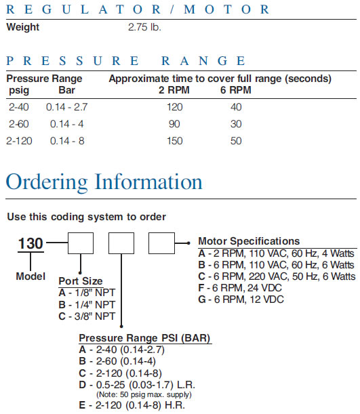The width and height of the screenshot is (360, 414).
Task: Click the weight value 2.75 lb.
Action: coord(144,27)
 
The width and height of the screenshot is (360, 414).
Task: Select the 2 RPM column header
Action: coord(174,90)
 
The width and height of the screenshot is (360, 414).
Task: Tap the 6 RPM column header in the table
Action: coord(236,90)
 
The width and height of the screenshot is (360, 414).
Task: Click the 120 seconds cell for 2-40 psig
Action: coord(175,107)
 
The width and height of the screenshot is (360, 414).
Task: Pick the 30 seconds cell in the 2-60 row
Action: coord(236,124)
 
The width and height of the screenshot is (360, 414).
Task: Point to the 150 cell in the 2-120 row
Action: coord(175,141)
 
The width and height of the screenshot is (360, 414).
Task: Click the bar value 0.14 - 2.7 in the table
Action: coord(66,107)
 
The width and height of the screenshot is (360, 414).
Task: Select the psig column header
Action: coord(19,91)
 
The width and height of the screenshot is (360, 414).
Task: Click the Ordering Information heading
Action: coord(104,182)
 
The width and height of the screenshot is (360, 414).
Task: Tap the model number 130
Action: coord(31,243)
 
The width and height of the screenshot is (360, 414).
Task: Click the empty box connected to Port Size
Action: coord(81,243)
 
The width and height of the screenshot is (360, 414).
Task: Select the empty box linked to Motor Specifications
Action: coord(161,243)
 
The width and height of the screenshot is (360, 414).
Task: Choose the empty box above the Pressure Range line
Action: coord(121,243)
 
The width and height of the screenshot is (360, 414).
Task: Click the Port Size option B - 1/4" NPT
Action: coord(87,305)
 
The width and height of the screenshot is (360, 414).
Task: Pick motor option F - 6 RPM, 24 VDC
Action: coord(240,288)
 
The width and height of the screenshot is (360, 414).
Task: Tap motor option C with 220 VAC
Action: coord(277,276)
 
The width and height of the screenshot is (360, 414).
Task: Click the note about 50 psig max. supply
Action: coord(144,395)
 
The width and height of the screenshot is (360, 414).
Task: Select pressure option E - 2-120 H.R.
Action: coord(132,405)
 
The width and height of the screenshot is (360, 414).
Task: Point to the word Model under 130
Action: coord(31,276)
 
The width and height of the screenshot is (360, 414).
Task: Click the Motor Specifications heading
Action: coord(249,241)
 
